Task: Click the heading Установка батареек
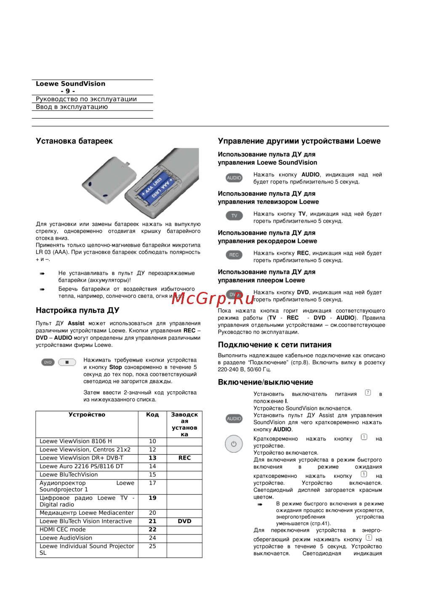pos(74,141)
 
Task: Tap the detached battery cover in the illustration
pos(109,177)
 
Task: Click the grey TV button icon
pos(234,216)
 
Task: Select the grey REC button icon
pos(234,255)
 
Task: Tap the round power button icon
pos(234,444)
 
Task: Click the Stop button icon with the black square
pos(67,362)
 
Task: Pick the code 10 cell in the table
pos(152,441)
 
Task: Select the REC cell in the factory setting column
pos(184,458)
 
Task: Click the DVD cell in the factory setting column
pos(184,521)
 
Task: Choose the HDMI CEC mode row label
pos(63,530)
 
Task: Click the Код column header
pos(152,415)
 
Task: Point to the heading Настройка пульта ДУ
pos(77,310)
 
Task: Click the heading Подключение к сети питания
pos(274,345)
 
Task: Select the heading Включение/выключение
pos(265,382)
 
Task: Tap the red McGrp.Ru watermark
pos(213,299)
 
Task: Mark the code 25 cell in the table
pos(152,546)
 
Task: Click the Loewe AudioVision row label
pos(66,538)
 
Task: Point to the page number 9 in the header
pos(68,91)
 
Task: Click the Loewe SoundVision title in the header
pos(71,84)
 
